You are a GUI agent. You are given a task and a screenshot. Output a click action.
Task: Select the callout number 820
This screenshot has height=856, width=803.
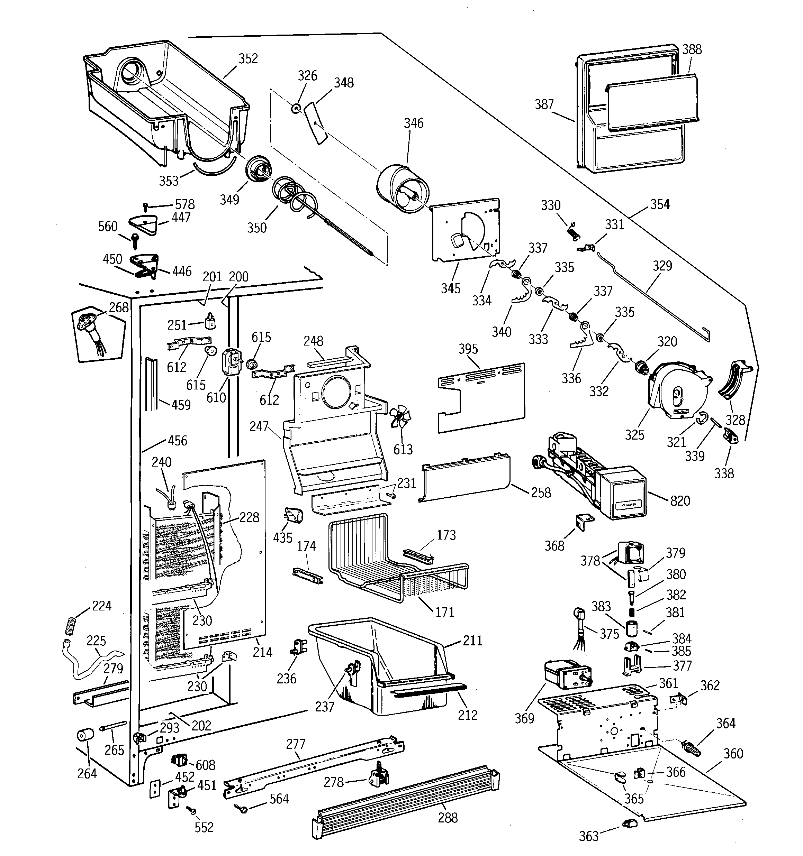pos(680,500)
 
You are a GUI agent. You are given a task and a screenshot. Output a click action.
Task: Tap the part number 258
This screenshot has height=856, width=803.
pos(541,492)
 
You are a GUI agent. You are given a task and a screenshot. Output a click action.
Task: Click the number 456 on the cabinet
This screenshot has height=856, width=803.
pos(177,441)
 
